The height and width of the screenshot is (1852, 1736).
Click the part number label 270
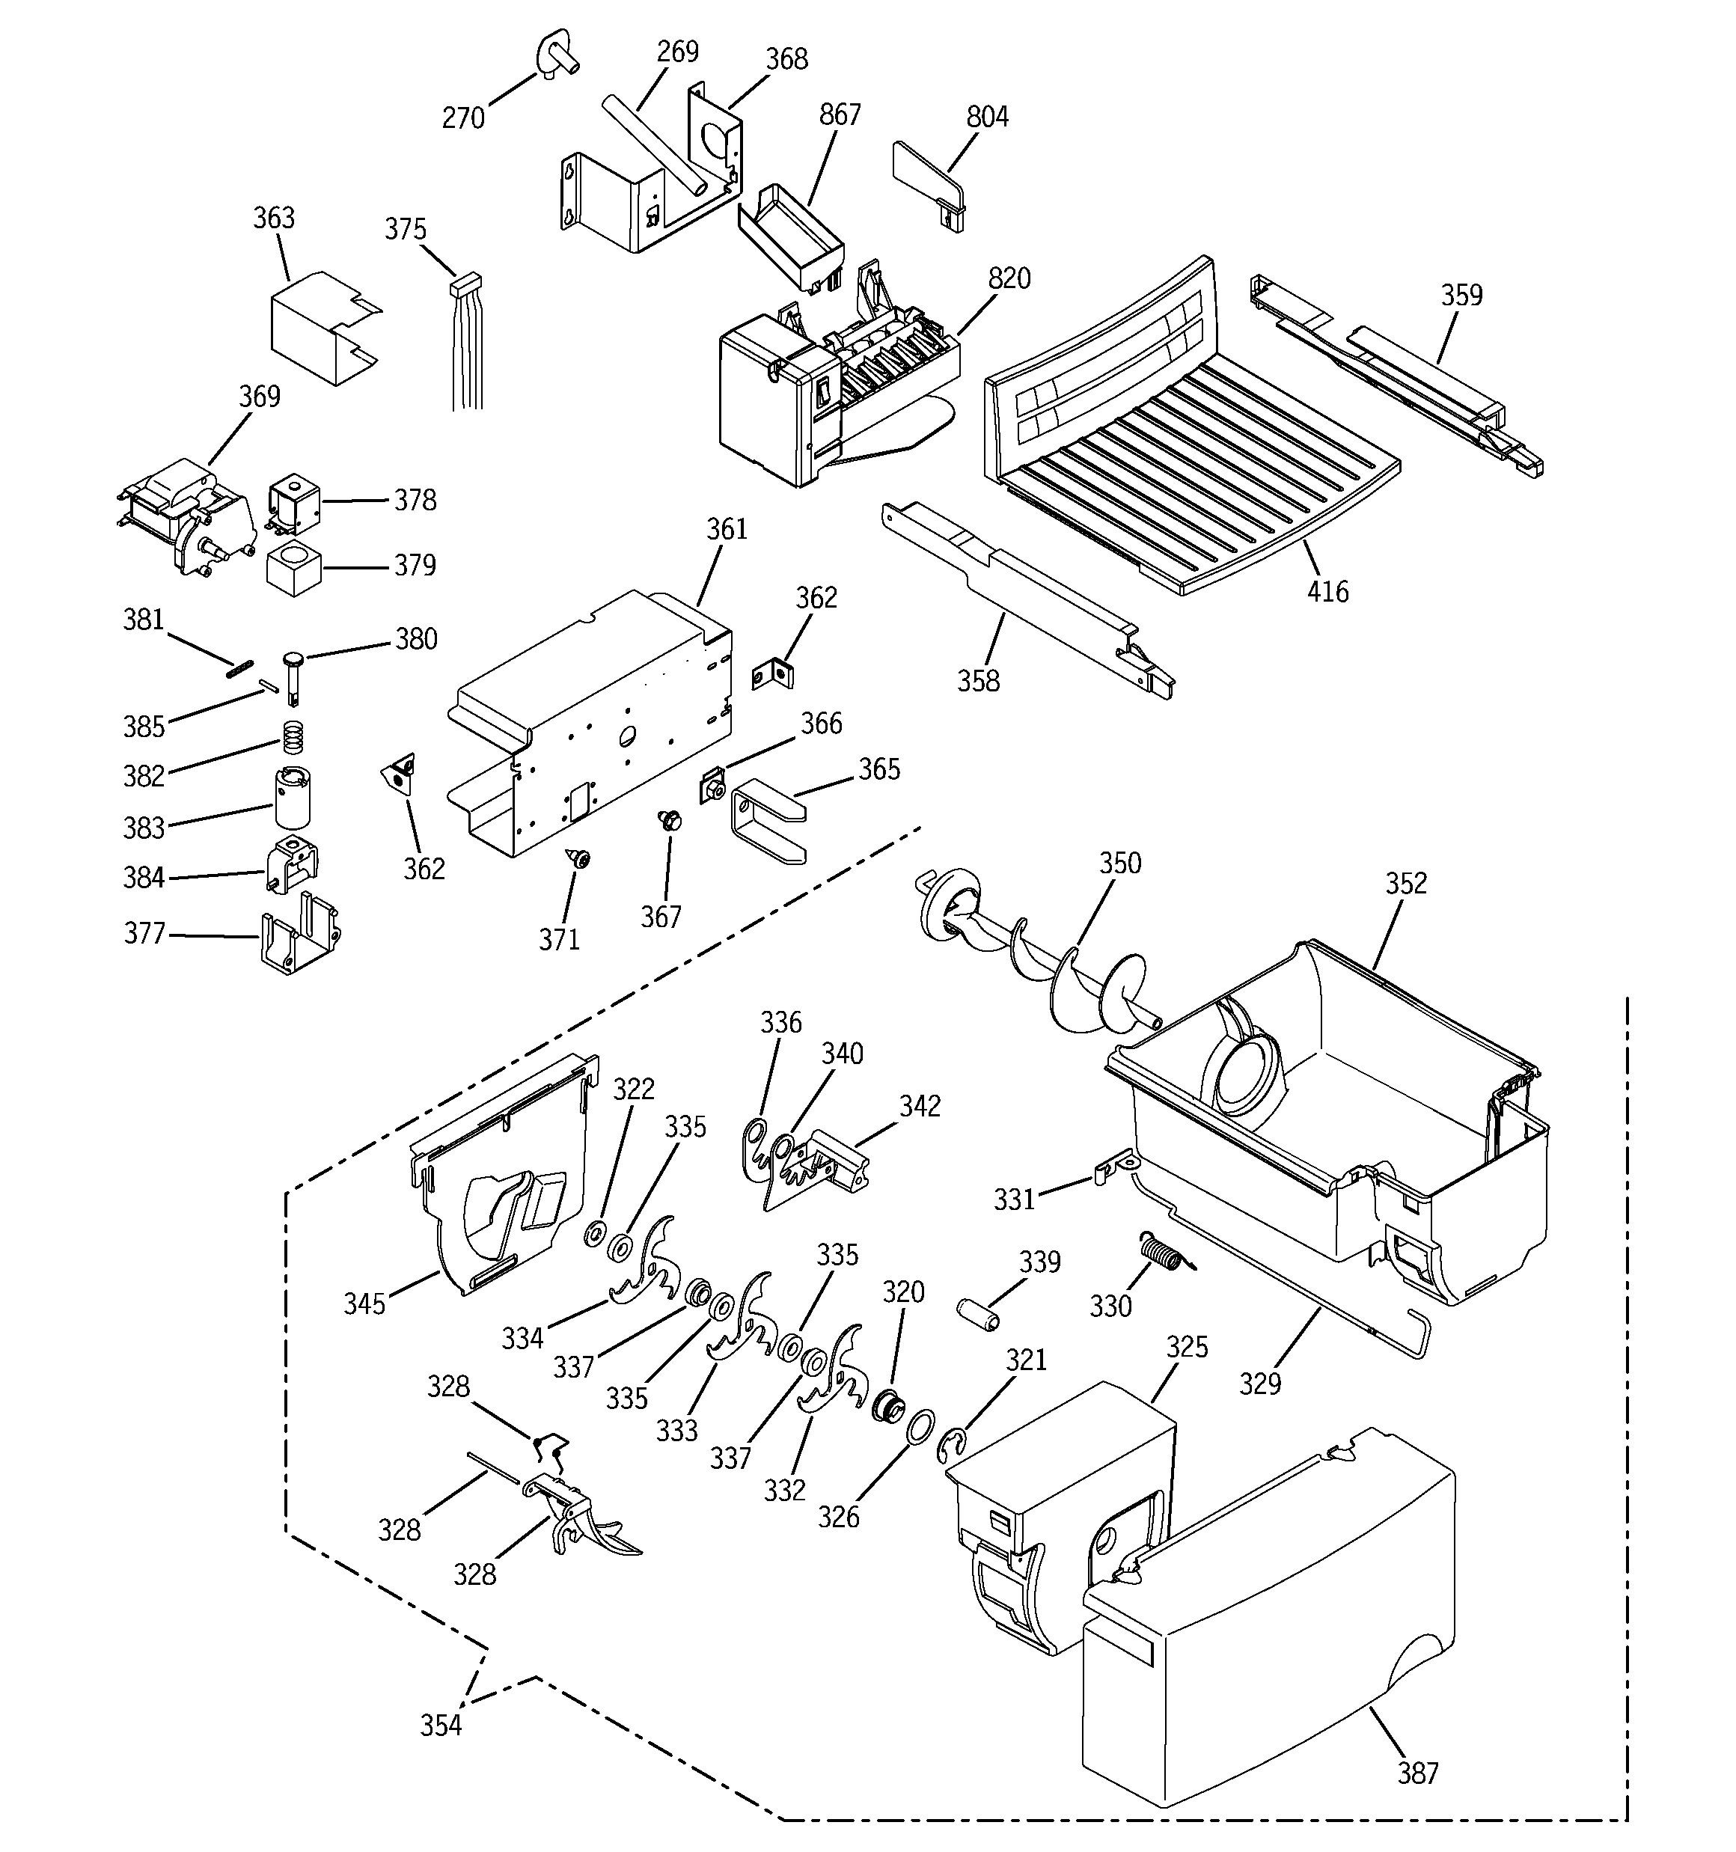click(463, 118)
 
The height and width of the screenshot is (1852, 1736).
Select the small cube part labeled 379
click(293, 566)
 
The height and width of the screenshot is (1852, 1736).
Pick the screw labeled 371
click(581, 858)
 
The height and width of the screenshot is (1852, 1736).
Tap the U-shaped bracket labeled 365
click(768, 822)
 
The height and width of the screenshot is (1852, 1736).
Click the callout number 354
click(441, 1726)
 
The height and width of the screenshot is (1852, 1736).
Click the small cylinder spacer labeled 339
click(979, 1315)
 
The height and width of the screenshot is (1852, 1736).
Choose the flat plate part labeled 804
click(926, 182)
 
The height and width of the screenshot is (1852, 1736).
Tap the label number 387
click(1417, 1773)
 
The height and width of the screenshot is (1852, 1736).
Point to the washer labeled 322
click(593, 1235)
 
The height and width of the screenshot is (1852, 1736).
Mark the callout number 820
click(1009, 278)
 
